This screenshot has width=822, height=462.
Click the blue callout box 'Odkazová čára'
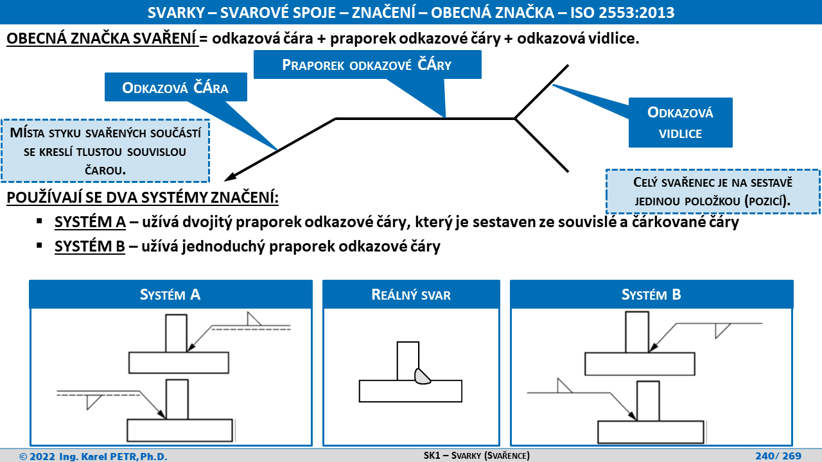pos(176,87)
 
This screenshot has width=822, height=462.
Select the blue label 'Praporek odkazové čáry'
pos(367,65)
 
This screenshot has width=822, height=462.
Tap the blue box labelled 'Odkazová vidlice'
pos(680,123)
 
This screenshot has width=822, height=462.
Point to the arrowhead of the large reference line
pos(231,176)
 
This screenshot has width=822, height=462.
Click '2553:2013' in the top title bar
pos(636,12)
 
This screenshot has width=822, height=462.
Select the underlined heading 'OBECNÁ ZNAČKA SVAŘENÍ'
pos(102,38)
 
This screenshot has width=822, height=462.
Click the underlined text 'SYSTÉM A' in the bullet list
pos(91,222)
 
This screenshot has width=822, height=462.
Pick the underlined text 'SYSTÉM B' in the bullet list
pos(90,246)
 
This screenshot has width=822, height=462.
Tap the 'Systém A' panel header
pos(171,294)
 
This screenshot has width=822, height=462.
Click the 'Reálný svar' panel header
pos(411,294)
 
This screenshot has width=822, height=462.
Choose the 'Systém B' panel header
pos(651,294)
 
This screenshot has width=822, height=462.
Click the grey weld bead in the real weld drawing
pos(422,376)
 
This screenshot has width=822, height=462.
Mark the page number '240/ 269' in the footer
pos(778,456)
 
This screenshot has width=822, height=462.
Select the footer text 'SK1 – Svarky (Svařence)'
pos(477,456)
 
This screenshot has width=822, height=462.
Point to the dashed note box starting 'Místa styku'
pos(105,151)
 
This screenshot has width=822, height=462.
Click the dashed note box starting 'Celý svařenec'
pos(713,191)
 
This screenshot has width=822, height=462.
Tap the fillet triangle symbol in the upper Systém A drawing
pos(254,319)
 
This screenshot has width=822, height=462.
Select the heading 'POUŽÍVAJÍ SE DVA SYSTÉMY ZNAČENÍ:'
pos(143,198)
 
